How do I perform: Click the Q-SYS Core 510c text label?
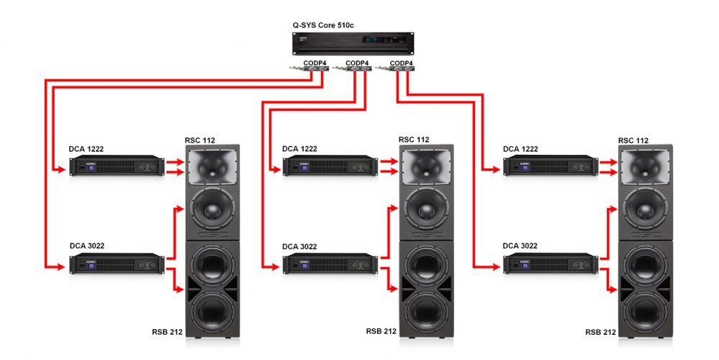322,25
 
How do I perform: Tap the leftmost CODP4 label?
315,63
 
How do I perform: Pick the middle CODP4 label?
357,63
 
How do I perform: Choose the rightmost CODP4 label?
401,63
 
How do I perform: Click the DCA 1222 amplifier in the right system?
550,167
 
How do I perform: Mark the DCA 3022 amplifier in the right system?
550,264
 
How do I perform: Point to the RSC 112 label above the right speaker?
633,140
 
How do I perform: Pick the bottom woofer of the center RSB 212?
426,308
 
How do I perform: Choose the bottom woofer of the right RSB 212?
646,308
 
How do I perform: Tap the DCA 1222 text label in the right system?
520,149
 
